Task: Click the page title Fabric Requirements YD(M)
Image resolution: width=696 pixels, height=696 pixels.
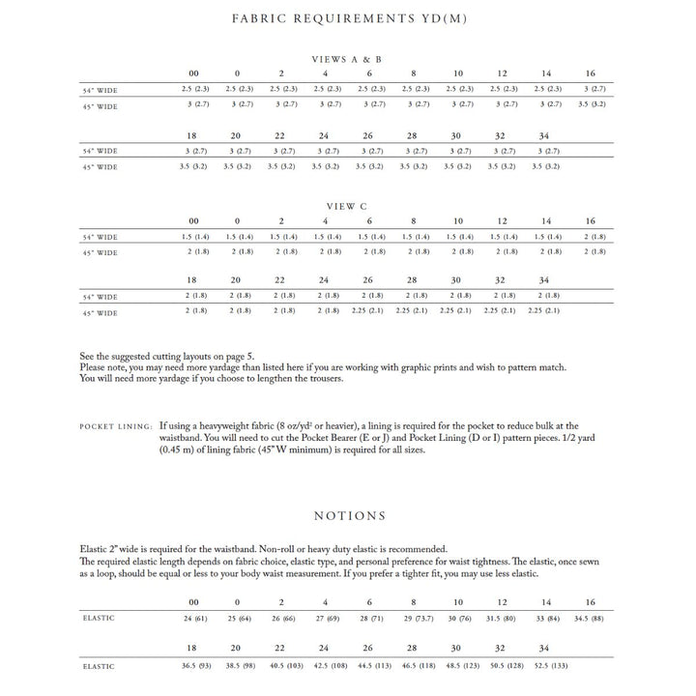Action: (x=348, y=19)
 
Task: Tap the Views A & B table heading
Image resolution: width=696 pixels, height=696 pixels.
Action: (x=347, y=59)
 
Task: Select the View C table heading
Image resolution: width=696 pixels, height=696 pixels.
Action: (x=347, y=206)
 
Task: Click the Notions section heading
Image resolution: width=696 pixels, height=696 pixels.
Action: (x=349, y=516)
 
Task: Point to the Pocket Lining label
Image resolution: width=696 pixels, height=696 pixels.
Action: (x=116, y=425)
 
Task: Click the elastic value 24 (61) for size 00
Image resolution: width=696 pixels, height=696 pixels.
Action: (x=194, y=617)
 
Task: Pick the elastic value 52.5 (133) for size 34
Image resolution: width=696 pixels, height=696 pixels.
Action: (x=545, y=665)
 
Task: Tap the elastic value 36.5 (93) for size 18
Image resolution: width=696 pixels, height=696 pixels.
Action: (x=194, y=665)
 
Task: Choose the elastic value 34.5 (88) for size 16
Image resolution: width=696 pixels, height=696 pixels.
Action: (x=591, y=617)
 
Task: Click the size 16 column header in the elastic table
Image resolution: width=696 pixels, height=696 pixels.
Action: (x=591, y=601)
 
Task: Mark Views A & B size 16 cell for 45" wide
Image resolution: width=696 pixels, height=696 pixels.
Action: (x=591, y=103)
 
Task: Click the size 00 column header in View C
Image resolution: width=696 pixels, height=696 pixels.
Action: (x=194, y=221)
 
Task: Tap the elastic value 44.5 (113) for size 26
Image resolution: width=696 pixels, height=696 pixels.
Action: (x=368, y=665)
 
